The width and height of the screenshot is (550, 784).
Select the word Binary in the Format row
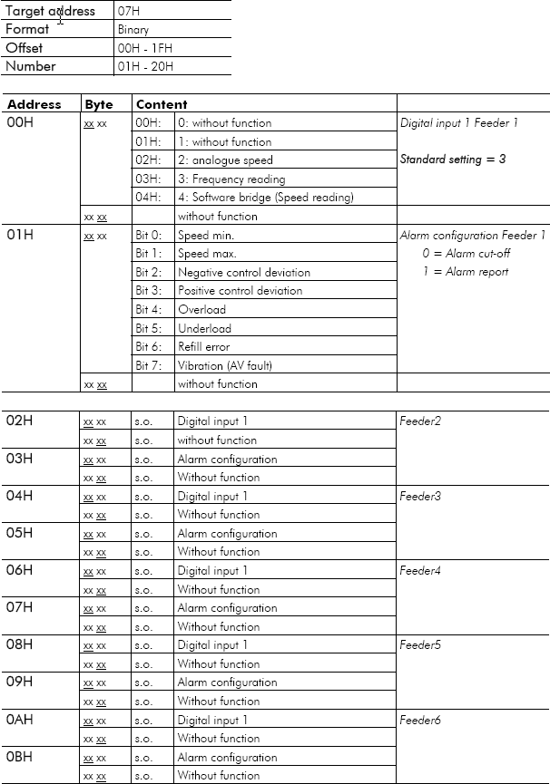click(x=133, y=30)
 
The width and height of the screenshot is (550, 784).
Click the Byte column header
click(x=99, y=104)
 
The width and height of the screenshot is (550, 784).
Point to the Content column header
click(x=162, y=104)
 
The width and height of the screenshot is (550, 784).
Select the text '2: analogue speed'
click(x=225, y=160)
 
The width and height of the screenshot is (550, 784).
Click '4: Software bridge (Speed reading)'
click(x=266, y=198)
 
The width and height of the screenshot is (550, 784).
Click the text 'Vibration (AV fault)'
click(x=225, y=365)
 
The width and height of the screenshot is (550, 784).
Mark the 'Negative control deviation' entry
click(x=244, y=272)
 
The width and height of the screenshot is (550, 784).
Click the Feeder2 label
click(x=420, y=421)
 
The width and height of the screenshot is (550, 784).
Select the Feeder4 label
click(x=420, y=571)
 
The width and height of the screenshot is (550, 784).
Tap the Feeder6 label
click(x=420, y=720)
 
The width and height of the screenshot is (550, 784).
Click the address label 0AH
click(x=21, y=720)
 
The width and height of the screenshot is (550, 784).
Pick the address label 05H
click(x=20, y=533)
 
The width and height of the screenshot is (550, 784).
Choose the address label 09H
click(x=20, y=682)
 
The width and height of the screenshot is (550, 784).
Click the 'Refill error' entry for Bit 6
click(x=204, y=346)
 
